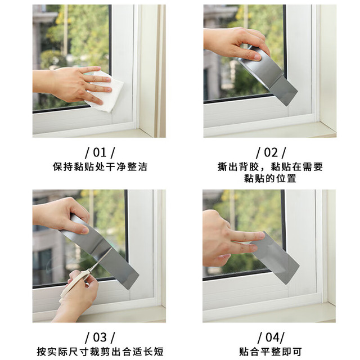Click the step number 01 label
(x=100, y=152)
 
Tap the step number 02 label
(x=271, y=152)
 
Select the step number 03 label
(x=100, y=337)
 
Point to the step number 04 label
(x=271, y=337)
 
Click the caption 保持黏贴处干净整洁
(x=100, y=167)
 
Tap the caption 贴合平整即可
(x=270, y=352)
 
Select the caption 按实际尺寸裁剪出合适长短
(x=100, y=352)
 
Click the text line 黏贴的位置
(x=270, y=178)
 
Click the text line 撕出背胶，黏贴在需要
(x=270, y=167)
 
